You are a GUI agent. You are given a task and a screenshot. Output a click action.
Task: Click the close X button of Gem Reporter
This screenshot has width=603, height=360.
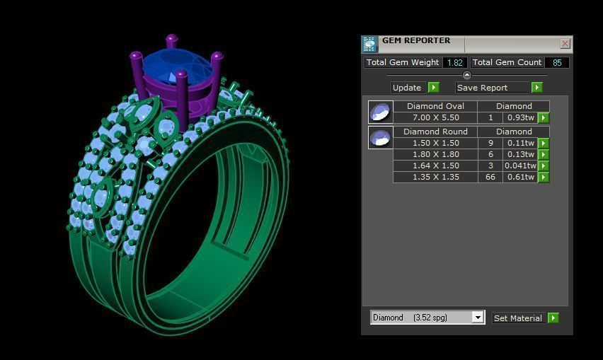tap(565, 44)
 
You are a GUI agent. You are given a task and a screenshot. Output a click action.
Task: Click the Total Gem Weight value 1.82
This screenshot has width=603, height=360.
tap(454, 62)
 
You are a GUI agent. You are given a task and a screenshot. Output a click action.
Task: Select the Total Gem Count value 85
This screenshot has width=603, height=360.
tap(557, 62)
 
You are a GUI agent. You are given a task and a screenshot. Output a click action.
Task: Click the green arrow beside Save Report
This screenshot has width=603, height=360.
tap(536, 88)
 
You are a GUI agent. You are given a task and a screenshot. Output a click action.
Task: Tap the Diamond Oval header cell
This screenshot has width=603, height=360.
tap(435, 106)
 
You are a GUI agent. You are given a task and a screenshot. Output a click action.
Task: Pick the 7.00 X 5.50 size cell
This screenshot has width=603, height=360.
tap(435, 117)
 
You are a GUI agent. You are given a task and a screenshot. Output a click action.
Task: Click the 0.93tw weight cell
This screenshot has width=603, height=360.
tap(520, 117)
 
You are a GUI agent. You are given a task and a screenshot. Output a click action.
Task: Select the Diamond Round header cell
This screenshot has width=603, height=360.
tap(435, 132)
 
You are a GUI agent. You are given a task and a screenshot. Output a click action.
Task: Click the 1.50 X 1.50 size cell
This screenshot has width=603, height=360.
tap(435, 143)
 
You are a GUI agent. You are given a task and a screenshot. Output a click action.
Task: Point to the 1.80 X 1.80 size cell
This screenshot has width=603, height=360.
tap(435, 154)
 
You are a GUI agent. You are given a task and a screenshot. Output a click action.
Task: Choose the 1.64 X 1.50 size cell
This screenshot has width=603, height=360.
tap(435, 166)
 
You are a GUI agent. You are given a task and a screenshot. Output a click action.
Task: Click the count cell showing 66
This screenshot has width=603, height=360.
tap(490, 177)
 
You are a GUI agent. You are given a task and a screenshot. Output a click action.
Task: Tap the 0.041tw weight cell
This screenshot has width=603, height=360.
tap(520, 166)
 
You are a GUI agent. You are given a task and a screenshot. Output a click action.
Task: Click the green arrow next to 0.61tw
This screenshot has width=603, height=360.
tap(544, 177)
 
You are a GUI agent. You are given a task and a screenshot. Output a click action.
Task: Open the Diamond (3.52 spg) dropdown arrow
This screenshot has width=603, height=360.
tap(478, 318)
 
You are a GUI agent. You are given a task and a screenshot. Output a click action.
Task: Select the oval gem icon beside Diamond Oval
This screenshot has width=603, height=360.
tap(380, 112)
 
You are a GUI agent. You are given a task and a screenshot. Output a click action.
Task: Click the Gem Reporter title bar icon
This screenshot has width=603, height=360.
tap(369, 45)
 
